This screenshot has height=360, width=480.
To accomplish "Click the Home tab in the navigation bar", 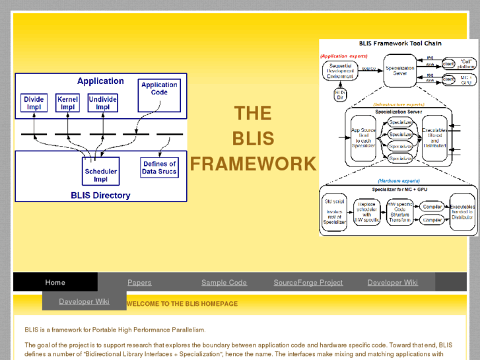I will tap(55, 282).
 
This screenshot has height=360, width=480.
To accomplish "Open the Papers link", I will tap(139, 282).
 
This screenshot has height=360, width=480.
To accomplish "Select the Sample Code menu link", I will tap(224, 282).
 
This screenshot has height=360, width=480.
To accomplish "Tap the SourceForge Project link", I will tap(308, 282).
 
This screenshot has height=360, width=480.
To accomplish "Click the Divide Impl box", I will tap(34, 103).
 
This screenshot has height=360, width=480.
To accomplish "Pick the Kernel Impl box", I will tap(67, 103).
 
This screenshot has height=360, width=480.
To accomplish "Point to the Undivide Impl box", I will tap(102, 103).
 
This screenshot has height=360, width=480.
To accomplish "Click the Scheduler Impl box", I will tap(100, 175).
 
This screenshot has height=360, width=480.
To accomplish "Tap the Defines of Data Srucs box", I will tap(159, 168).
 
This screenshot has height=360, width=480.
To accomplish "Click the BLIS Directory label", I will tap(100, 196).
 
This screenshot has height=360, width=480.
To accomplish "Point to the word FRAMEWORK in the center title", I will tap(253, 164).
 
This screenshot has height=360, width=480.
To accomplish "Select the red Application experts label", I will tap(344, 56).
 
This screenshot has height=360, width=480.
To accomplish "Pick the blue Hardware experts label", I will tap(400, 180).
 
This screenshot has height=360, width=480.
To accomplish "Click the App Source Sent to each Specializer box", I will tap(364, 136).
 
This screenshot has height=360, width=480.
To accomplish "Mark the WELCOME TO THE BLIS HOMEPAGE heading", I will tap(182, 304).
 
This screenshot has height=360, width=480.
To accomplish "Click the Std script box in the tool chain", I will tap(334, 213).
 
